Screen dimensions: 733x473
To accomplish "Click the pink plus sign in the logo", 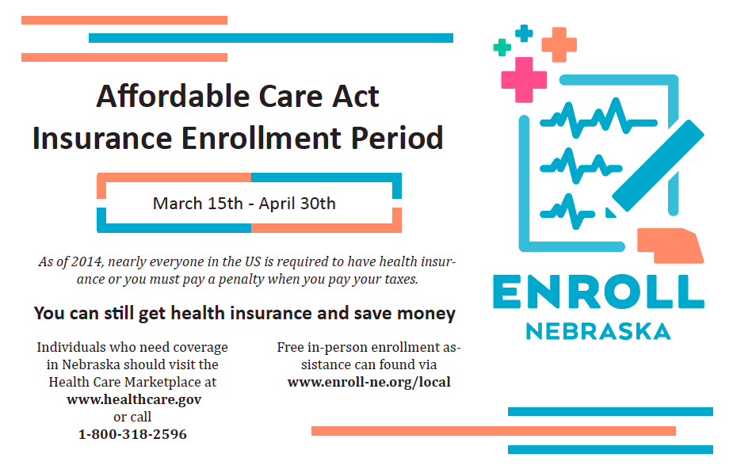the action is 524,79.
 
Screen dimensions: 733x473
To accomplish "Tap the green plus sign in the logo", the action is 502,48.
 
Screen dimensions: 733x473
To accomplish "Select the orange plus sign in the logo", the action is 559,45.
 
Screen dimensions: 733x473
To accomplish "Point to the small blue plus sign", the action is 524,33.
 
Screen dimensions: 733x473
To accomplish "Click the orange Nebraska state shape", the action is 670,246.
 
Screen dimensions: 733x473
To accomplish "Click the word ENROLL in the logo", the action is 598,292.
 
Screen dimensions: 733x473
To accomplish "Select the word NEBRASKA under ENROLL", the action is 598,331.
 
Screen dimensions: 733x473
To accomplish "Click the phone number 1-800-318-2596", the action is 132,434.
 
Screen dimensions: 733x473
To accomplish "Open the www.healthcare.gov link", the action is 134,399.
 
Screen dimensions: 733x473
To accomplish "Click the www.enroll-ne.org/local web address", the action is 368,382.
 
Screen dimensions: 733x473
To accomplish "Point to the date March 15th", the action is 198,204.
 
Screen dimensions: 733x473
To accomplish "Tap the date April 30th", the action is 297,204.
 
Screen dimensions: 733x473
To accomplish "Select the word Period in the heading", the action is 397,138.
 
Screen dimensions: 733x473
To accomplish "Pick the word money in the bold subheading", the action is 426,313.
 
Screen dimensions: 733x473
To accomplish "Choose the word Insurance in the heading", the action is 102,138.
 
